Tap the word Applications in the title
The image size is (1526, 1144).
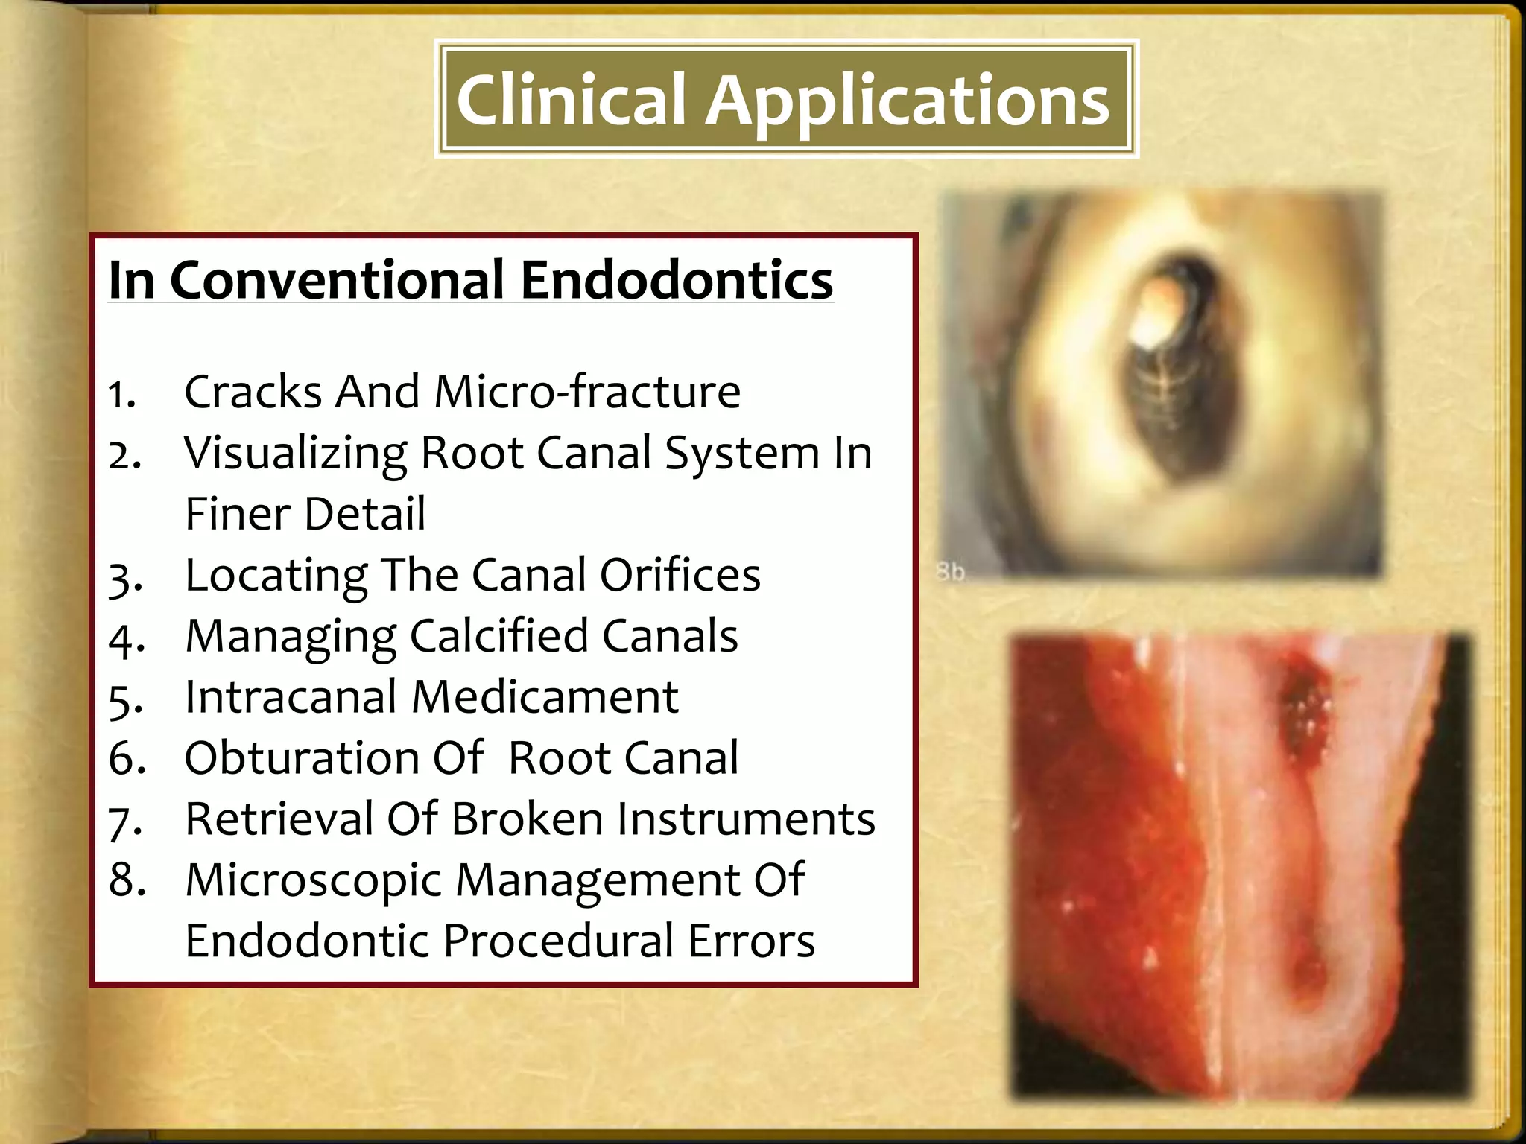tap(907, 102)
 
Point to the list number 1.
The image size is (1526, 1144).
tap(121, 394)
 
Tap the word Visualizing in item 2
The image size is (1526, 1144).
tap(295, 454)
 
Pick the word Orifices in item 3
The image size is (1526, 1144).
tap(680, 575)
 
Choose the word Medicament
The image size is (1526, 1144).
tap(544, 697)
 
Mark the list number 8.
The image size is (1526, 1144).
tap(127, 880)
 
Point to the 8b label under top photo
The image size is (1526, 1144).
tap(950, 572)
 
